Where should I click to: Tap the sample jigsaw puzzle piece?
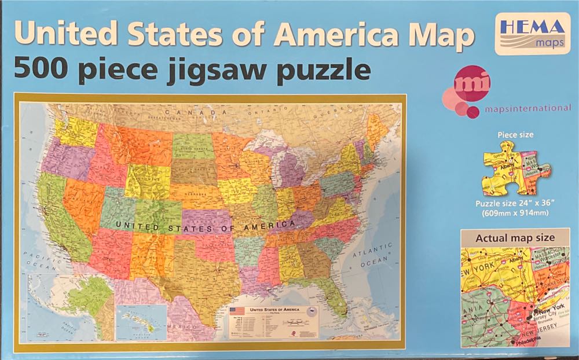tap(516, 171)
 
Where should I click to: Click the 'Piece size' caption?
tap(516, 135)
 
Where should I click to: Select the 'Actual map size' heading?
tap(515, 238)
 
